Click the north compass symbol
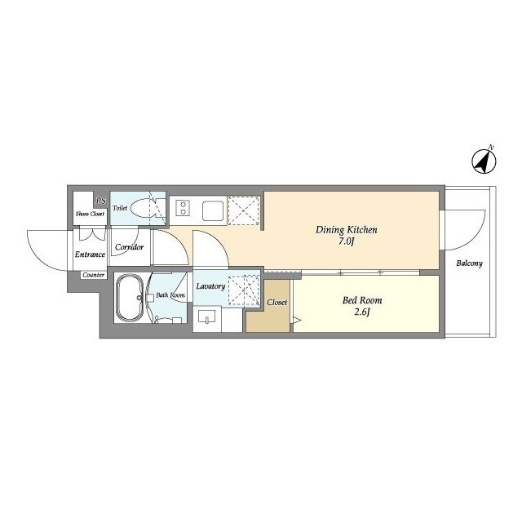coord(484,161)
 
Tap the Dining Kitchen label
coord(346,230)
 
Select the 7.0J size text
coord(346,241)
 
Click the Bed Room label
coord(362,300)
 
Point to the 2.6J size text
coord(362,312)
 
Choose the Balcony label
coord(469,263)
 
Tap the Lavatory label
coord(210,286)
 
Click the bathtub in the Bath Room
coord(130,298)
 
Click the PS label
coord(100,201)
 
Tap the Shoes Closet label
coord(90,214)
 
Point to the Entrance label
coord(90,254)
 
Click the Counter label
coord(94,275)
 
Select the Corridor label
coord(129,247)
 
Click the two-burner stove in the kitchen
coord(183,208)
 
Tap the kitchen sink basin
coord(213,210)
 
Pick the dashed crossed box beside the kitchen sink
coord(244,210)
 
